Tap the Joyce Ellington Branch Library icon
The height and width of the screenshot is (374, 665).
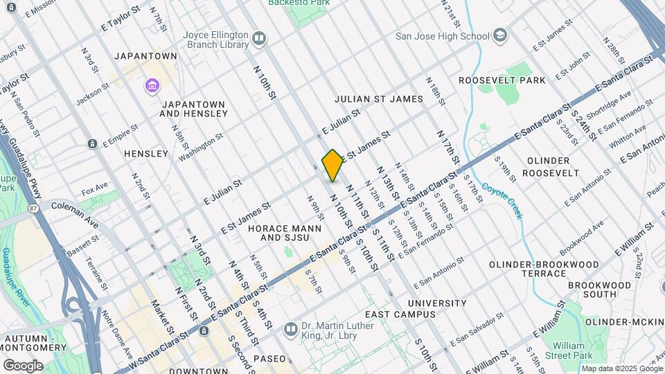coord(260,37)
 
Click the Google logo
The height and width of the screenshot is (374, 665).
coord(23,365)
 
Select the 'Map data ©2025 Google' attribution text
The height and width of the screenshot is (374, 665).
coord(621,368)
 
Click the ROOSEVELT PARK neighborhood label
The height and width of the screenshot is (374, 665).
coord(502,80)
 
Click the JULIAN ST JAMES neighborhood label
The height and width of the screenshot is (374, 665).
coord(378,99)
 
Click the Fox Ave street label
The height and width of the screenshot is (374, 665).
coord(95,188)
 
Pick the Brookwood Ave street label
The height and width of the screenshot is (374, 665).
coord(582,235)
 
